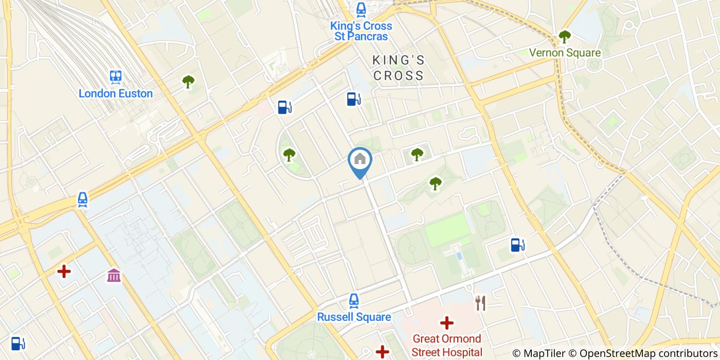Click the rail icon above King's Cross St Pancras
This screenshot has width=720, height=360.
pos(361,9)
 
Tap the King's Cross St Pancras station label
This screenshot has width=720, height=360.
pos(361,31)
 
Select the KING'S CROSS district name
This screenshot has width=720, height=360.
pos(399,68)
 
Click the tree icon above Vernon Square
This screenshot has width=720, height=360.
pos(565,37)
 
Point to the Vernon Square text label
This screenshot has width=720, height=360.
pos(565,52)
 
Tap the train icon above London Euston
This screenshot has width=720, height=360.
pos(116,77)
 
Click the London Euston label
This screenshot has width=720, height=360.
pos(116,94)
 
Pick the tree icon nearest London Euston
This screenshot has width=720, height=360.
pos(188,81)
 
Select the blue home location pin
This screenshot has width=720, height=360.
pos(360,160)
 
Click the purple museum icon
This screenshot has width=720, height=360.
pos(114,275)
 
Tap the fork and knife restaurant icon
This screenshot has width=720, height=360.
pos(481,303)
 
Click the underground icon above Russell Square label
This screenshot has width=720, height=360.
pos(353,300)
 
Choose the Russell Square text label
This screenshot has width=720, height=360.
pos(354,317)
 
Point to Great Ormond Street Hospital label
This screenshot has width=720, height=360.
pos(446,345)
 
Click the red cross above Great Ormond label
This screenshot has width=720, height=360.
pos(446,323)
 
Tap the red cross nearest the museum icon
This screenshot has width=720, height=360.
pos(64,271)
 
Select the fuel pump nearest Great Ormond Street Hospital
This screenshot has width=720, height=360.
pos(517,245)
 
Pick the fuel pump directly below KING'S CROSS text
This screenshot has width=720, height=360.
pos(353,98)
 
